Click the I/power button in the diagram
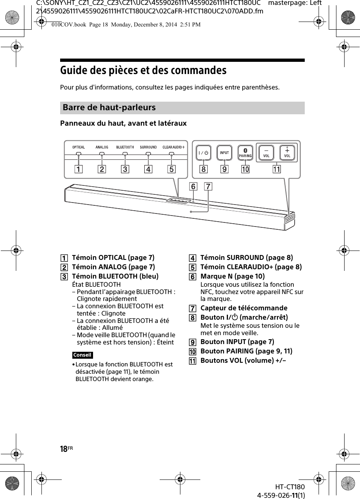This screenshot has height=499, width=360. click(204, 153)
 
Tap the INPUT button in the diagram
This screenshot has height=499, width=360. click(224, 153)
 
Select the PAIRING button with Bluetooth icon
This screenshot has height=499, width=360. click(245, 153)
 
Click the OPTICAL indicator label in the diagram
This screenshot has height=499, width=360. click(79, 147)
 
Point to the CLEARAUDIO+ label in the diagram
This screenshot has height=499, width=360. click(174, 147)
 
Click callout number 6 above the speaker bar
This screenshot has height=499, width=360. click(193, 187)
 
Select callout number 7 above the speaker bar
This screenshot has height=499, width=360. click(208, 187)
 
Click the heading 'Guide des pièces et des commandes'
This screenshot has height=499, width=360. click(143, 71)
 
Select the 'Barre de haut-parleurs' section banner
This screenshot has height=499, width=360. click(182, 108)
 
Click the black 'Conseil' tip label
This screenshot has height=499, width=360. click(82, 355)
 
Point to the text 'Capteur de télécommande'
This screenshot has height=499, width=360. click(244, 308)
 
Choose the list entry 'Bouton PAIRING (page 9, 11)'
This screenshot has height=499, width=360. click(246, 351)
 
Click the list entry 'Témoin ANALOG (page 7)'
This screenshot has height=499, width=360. click(113, 267)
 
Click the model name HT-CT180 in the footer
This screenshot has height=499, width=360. click(289, 487)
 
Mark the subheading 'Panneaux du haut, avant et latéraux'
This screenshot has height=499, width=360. click(124, 123)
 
